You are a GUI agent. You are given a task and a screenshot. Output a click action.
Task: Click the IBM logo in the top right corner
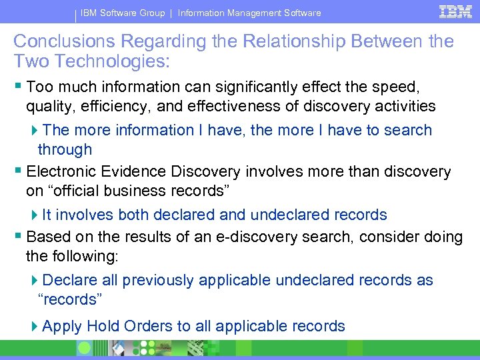pos(455,11)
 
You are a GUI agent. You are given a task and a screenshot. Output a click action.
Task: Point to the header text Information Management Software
pos(249,13)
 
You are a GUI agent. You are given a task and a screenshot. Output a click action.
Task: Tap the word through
pos(65,149)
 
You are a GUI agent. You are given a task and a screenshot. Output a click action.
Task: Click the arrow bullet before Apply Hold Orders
pos(35,327)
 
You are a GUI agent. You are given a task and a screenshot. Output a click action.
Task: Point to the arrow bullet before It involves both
pos(35,215)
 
